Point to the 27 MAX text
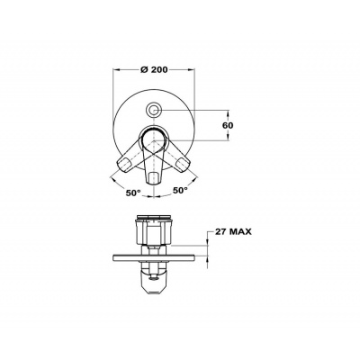point(232,231)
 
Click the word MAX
point(239,231)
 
